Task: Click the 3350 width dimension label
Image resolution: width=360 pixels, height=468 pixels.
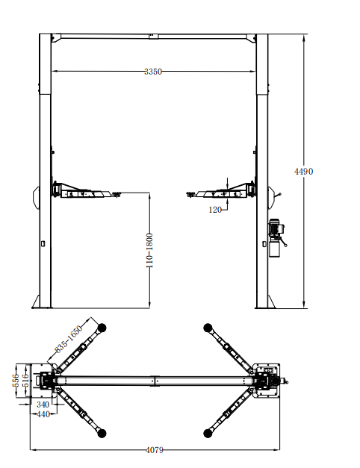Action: pyautogui.click(x=153, y=72)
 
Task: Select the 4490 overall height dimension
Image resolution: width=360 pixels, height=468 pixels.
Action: pyautogui.click(x=303, y=171)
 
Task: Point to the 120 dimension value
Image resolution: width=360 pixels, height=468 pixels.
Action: pyautogui.click(x=216, y=210)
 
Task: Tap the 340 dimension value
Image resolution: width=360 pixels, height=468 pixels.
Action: pyautogui.click(x=43, y=405)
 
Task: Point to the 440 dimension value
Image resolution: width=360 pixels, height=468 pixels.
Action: pyautogui.click(x=43, y=414)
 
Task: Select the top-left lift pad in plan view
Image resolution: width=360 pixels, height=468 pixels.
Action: pyautogui.click(x=102, y=326)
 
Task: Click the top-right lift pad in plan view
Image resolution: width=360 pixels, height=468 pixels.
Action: pyautogui.click(x=207, y=326)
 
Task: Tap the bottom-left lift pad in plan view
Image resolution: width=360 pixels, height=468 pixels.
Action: pyautogui.click(x=102, y=432)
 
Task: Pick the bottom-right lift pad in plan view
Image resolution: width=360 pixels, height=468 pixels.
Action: pyautogui.click(x=207, y=432)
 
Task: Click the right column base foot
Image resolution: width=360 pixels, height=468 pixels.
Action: pyautogui.click(x=266, y=302)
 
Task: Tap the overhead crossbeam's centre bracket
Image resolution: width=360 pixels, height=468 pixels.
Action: pyautogui.click(x=154, y=35)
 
